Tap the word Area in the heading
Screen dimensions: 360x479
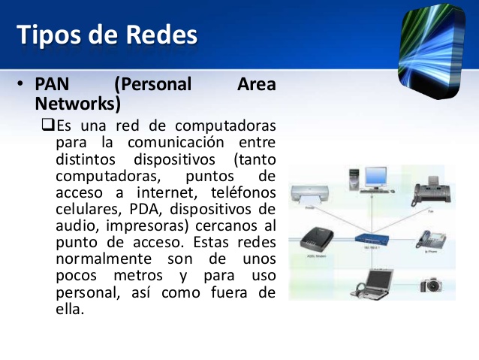(x=256, y=84)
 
